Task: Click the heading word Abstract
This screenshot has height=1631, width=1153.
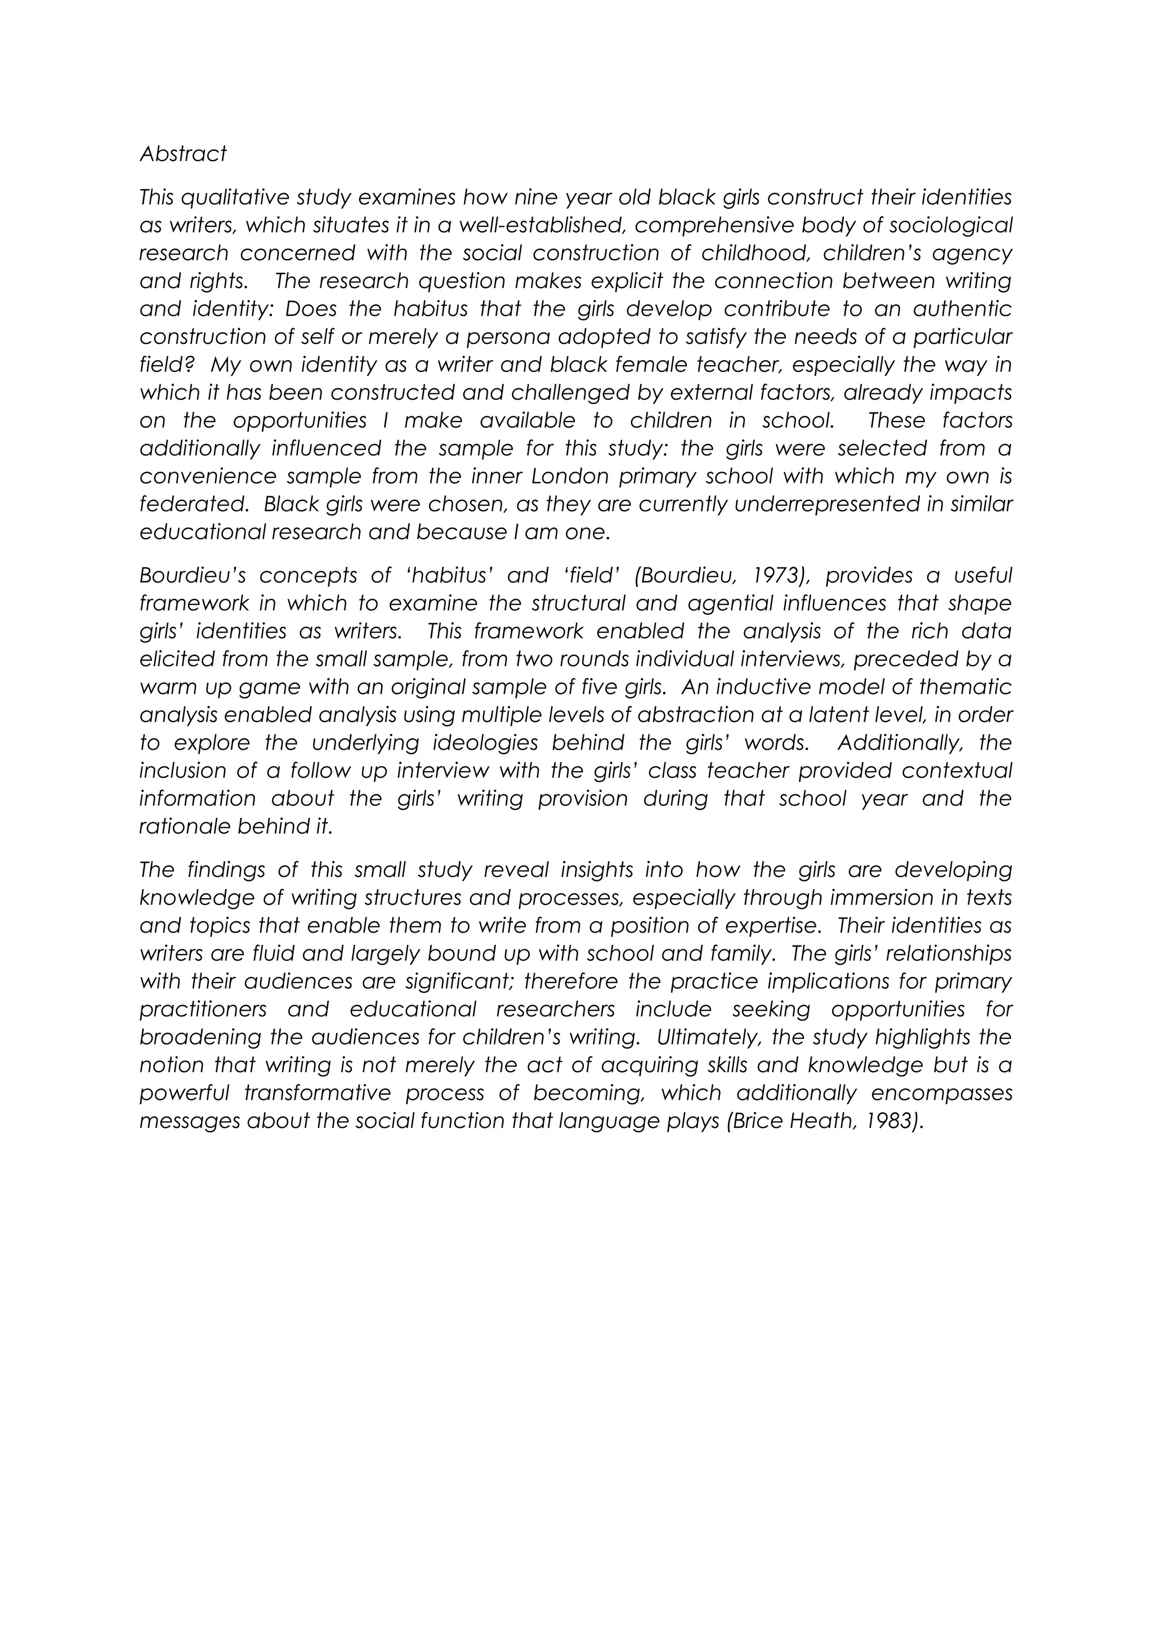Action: click(x=182, y=154)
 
